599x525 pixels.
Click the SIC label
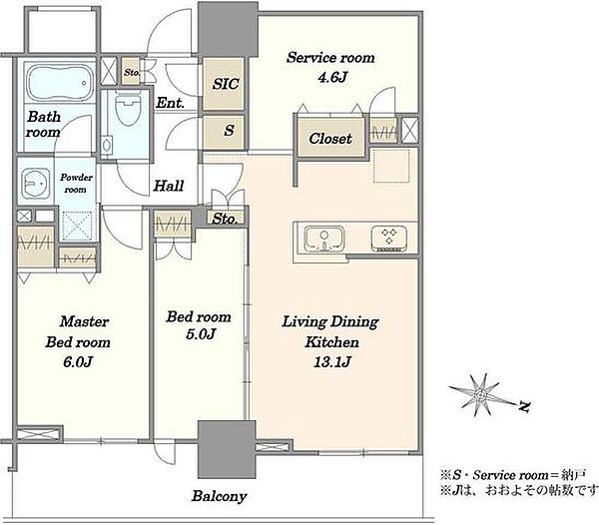pyautogui.click(x=226, y=84)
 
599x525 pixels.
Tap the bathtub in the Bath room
pyautogui.click(x=61, y=83)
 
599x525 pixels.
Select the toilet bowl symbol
pyautogui.click(x=128, y=109)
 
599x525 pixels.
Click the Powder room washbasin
pyautogui.click(x=35, y=185)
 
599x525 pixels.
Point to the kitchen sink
pyautogui.click(x=323, y=239)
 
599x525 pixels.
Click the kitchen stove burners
pyautogui.click(x=389, y=239)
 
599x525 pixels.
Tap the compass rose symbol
pyautogui.click(x=480, y=395)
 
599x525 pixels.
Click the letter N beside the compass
pyautogui.click(x=525, y=407)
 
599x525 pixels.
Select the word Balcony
pyautogui.click(x=220, y=496)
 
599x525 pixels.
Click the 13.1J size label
pyautogui.click(x=332, y=361)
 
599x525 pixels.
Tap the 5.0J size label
pyautogui.click(x=201, y=334)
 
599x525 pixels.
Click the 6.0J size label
pyautogui.click(x=78, y=361)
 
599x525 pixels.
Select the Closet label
pyautogui.click(x=330, y=139)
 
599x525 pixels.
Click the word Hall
pyautogui.click(x=169, y=186)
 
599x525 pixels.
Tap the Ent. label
pyautogui.click(x=171, y=103)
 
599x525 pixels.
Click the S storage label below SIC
pyautogui.click(x=229, y=131)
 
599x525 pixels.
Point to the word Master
pyautogui.click(x=85, y=321)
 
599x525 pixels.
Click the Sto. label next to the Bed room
pyautogui.click(x=225, y=219)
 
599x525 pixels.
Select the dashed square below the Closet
pyautogui.click(x=391, y=166)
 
